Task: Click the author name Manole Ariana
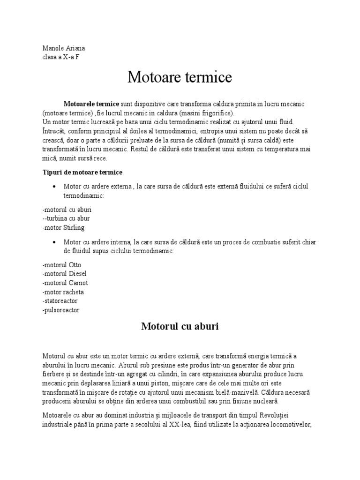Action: [63, 48]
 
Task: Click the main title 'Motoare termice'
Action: [180, 77]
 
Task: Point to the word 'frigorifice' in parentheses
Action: [214, 113]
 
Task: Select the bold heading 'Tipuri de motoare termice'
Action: [82, 172]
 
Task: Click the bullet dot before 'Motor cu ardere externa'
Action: [56, 187]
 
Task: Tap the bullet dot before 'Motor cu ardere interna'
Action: [56, 242]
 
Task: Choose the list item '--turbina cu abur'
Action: [66, 218]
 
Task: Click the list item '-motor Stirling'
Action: [64, 228]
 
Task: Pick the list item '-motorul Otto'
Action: [61, 265]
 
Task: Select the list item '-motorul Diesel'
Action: [64, 274]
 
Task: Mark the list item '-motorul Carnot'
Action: [65, 283]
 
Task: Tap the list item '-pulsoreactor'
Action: [61, 310]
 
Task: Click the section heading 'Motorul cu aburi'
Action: [180, 327]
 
